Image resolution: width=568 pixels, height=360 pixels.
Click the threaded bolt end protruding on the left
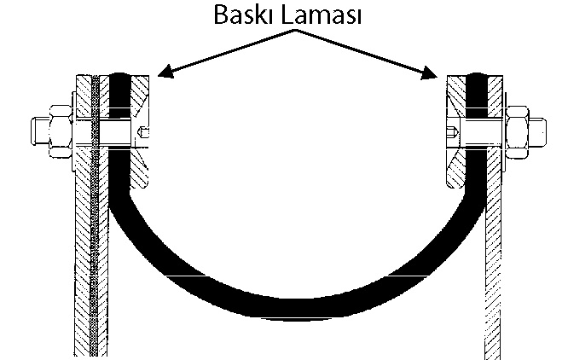coord(38,130)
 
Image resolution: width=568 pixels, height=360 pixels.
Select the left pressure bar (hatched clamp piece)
coord(140,128)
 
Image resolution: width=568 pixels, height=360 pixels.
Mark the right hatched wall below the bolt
coord(496,256)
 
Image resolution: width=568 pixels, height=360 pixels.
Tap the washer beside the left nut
coord(76,130)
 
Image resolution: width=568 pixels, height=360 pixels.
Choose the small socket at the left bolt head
coord(144,131)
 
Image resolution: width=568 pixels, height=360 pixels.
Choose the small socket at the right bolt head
coord(450,132)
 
